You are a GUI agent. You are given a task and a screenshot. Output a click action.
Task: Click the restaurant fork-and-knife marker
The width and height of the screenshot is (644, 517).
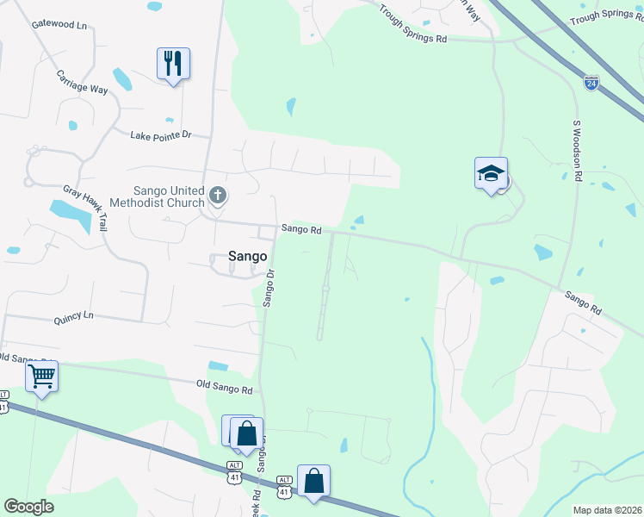click(x=173, y=64)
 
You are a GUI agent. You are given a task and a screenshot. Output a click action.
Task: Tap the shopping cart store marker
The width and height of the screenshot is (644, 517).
click(x=41, y=377)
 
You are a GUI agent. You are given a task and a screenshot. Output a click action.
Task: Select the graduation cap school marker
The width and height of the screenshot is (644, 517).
click(x=491, y=173)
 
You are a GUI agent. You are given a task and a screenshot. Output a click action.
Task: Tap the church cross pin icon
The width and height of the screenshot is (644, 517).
click(x=218, y=196)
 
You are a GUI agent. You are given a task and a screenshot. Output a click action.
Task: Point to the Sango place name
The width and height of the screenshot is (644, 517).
click(x=247, y=256)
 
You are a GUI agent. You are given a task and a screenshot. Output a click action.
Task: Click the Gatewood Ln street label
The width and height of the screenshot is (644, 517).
click(x=59, y=26)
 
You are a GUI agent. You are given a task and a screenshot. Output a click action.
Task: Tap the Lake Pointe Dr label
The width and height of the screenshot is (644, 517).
click(x=159, y=135)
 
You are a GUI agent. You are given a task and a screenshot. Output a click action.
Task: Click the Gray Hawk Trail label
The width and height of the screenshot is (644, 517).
click(x=84, y=208)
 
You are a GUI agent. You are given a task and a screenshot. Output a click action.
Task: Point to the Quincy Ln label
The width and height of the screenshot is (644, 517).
click(x=73, y=317)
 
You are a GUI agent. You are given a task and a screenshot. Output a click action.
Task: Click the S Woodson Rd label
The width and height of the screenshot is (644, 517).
click(x=578, y=150)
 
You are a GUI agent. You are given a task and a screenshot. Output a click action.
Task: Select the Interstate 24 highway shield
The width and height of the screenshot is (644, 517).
click(x=591, y=83)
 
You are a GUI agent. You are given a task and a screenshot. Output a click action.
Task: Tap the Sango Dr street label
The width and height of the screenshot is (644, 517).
click(x=268, y=288)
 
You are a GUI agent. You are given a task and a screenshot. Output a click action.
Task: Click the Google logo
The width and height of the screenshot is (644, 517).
click(x=28, y=507)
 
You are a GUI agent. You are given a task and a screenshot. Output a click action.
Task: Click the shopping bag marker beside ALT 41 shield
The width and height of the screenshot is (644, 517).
click(x=313, y=481)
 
